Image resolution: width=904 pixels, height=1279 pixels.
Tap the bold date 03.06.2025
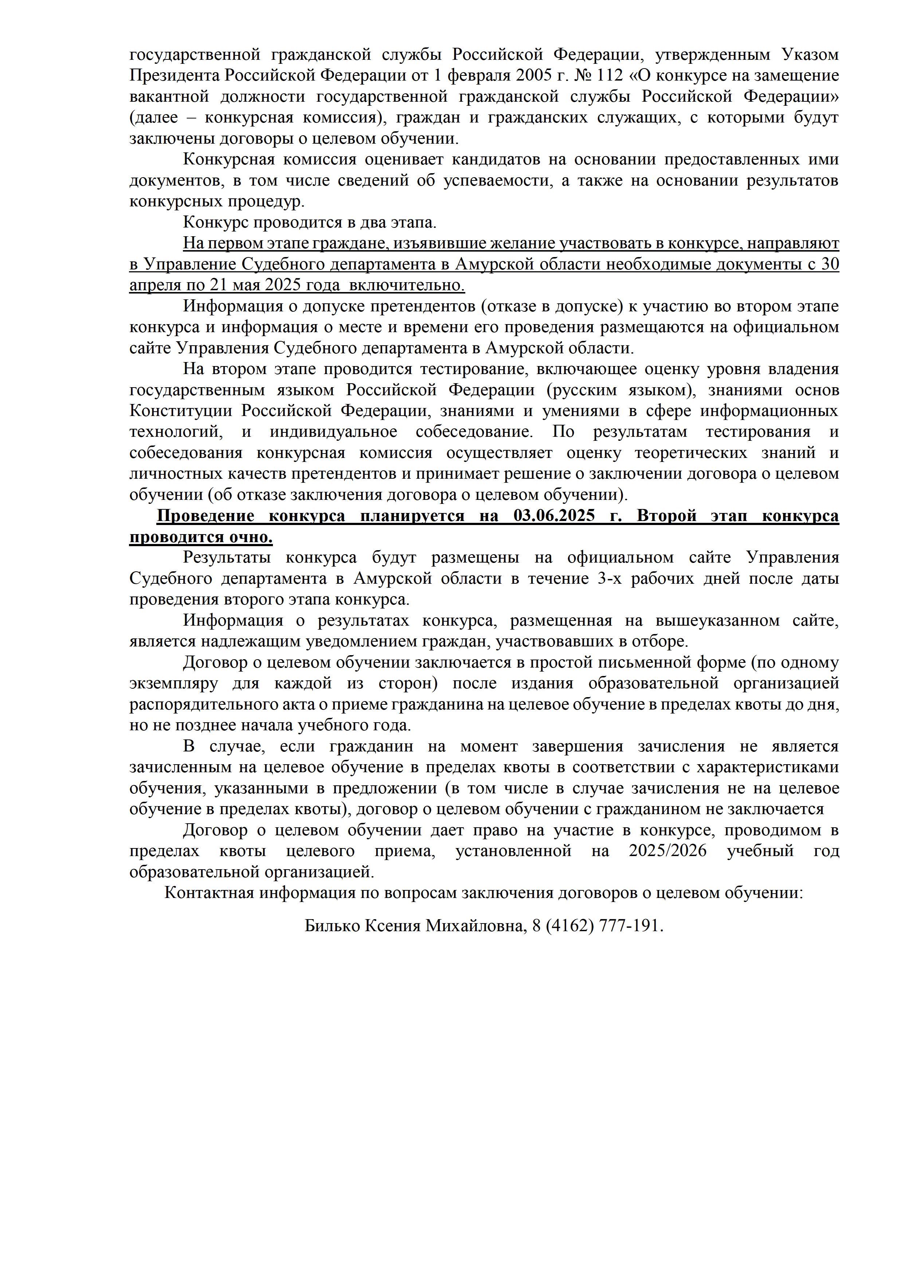(x=554, y=516)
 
